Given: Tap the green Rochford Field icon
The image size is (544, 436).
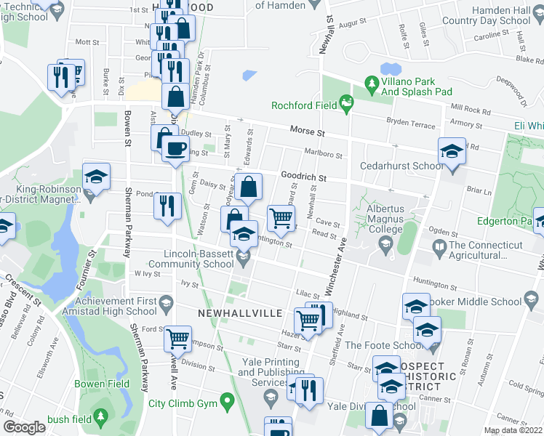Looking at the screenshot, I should (x=347, y=106).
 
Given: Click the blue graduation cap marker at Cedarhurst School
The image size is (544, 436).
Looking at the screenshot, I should (x=452, y=152).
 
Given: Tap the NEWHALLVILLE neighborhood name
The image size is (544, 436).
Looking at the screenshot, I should (x=240, y=312).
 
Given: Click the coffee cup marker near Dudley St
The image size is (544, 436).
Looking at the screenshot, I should (x=174, y=148).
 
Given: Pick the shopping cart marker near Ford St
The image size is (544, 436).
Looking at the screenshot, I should (x=178, y=338).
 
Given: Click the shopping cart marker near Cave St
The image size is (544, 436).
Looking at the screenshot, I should (x=281, y=216).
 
